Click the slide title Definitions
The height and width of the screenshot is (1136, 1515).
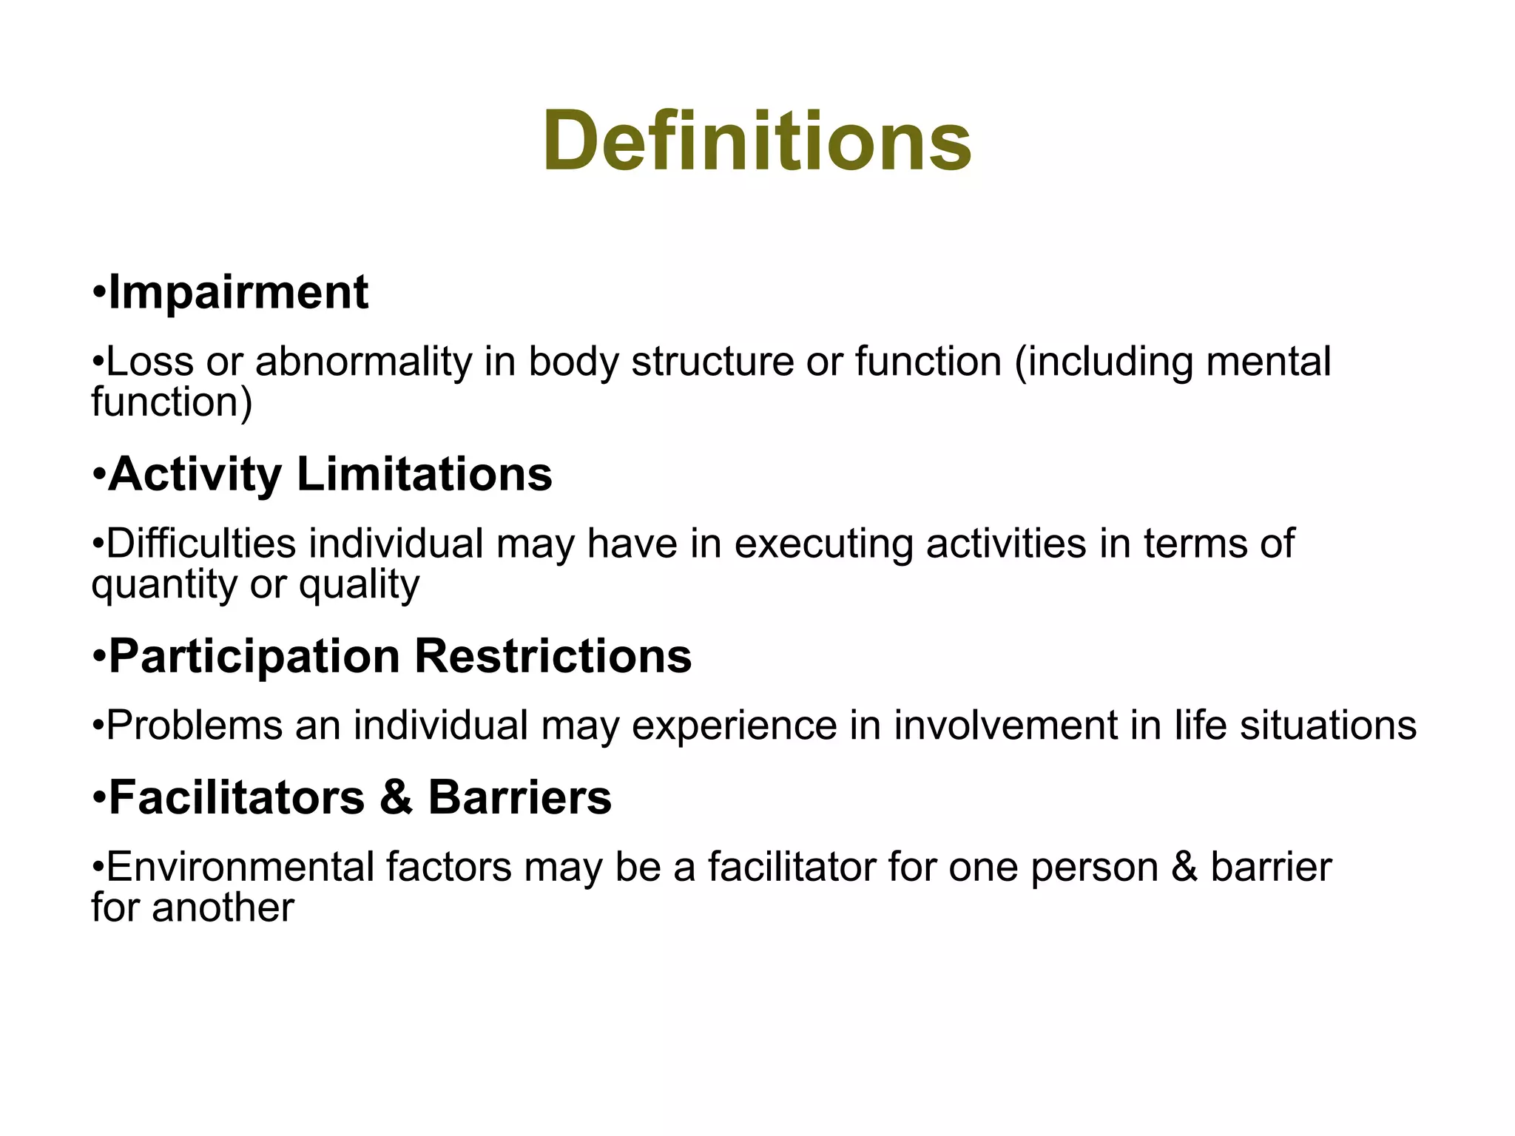click(x=757, y=141)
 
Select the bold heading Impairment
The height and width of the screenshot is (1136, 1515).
click(x=237, y=293)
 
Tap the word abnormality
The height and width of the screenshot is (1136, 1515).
click(x=363, y=362)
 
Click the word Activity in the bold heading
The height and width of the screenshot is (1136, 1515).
click(x=195, y=475)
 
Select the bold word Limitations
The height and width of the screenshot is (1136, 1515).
click(x=425, y=475)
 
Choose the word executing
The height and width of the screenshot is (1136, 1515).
click(x=823, y=544)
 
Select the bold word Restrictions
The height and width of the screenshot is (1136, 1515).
click(x=553, y=657)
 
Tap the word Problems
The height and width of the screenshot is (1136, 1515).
click(x=195, y=726)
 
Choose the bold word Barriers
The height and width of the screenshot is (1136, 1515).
click(x=520, y=798)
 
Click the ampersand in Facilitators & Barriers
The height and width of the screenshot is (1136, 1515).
click(x=397, y=798)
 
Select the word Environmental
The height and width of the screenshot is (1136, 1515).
click(x=240, y=868)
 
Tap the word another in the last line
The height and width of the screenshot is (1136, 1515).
click(x=223, y=908)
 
